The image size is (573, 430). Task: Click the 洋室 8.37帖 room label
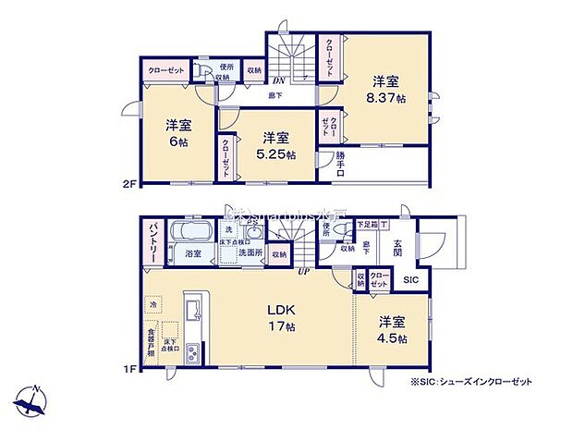(x=387, y=88)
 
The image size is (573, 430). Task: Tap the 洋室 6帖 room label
(x=178, y=132)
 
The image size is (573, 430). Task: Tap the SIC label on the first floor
(x=409, y=278)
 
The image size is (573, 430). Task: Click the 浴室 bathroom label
(x=193, y=252)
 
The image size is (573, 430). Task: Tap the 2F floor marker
(x=131, y=183)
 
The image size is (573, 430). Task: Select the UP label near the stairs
(x=302, y=269)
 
